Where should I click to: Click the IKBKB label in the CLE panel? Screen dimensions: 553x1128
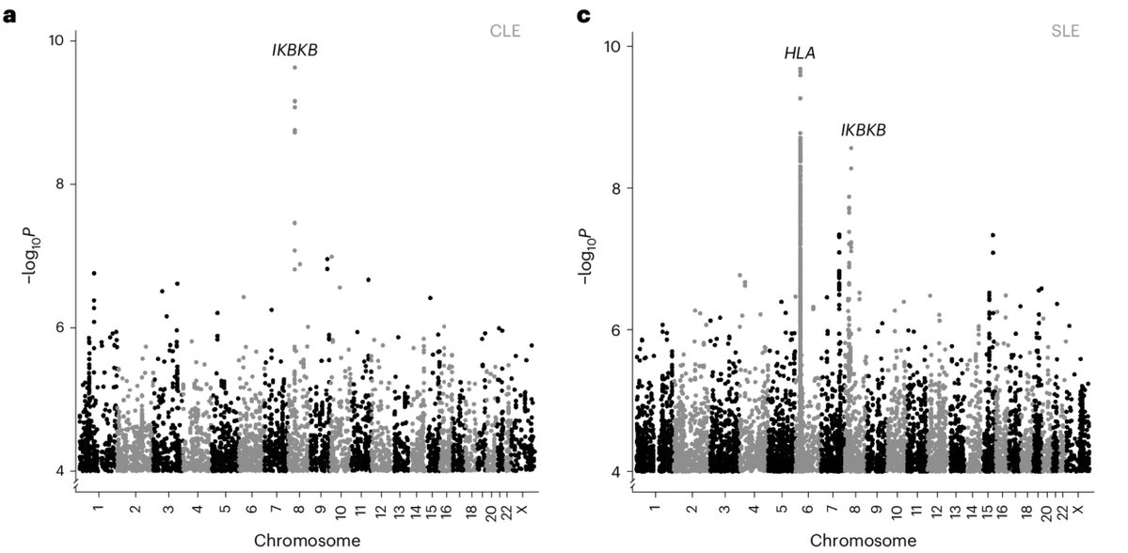point(294,50)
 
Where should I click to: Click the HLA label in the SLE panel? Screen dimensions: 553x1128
point(800,54)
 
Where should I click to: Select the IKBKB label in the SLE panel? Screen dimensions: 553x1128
point(863,130)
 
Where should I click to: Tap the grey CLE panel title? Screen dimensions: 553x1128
point(504,30)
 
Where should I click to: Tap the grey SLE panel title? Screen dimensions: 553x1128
point(1064,30)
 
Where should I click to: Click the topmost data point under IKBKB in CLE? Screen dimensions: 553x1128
point(294,68)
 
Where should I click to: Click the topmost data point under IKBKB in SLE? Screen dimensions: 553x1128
point(850,148)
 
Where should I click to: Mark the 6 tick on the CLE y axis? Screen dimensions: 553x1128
point(58,327)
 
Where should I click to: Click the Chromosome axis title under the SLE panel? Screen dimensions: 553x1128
point(863,540)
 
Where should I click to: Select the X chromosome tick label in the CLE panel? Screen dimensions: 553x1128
point(531,509)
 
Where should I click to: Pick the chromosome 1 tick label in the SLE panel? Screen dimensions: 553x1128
point(655,509)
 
